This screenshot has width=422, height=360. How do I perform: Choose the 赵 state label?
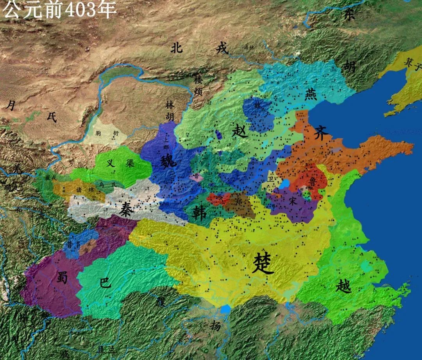click(239, 130)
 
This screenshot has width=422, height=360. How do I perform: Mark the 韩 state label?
click(200, 213)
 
